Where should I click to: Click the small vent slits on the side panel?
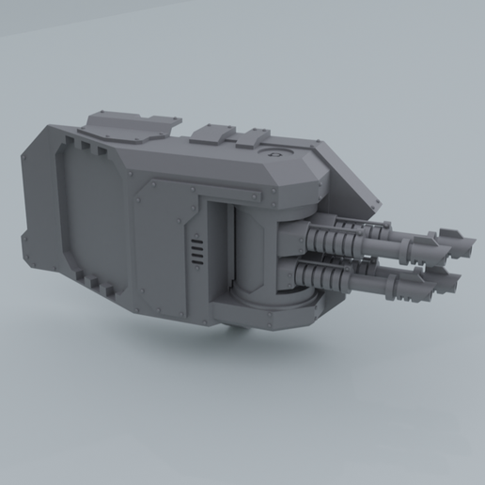[x=196, y=252]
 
